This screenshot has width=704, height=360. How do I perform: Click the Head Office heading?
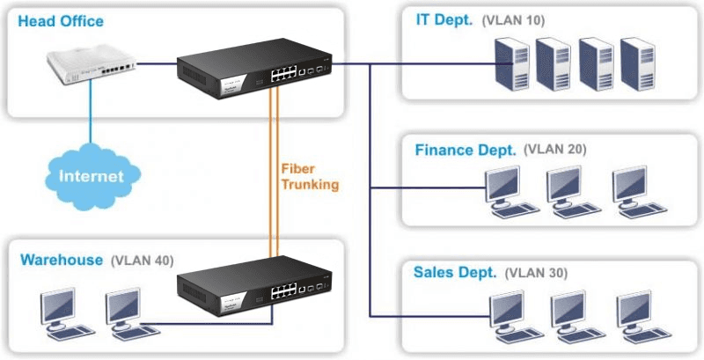pyautogui.click(x=61, y=20)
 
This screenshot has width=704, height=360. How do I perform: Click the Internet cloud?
pyautogui.click(x=90, y=175)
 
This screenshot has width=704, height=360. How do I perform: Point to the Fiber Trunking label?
pyautogui.click(x=309, y=176)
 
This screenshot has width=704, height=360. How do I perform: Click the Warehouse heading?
pyautogui.click(x=62, y=261)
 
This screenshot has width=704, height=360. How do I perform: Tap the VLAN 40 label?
pyautogui.click(x=142, y=261)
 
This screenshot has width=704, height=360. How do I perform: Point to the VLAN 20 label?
pyautogui.click(x=554, y=150)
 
